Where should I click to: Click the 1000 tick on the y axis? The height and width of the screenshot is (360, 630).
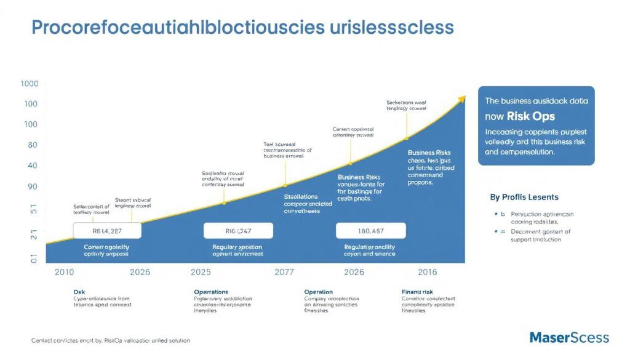point(29,84)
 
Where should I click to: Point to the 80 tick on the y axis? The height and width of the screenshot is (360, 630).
point(32,145)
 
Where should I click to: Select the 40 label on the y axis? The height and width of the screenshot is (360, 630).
point(32,166)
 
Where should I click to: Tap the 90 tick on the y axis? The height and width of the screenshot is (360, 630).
point(32,186)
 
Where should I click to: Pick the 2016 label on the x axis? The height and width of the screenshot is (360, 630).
point(428,272)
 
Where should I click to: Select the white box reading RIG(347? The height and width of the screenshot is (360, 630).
point(237,231)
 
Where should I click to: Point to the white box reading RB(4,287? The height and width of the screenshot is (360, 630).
point(107,231)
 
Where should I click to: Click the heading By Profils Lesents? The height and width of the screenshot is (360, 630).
point(524,198)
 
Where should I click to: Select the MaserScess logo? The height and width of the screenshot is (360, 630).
point(569,337)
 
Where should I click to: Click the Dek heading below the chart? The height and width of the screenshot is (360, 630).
point(79,292)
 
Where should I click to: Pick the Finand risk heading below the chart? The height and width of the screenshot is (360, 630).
point(417,292)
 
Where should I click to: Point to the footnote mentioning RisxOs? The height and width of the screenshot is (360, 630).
point(110,340)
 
